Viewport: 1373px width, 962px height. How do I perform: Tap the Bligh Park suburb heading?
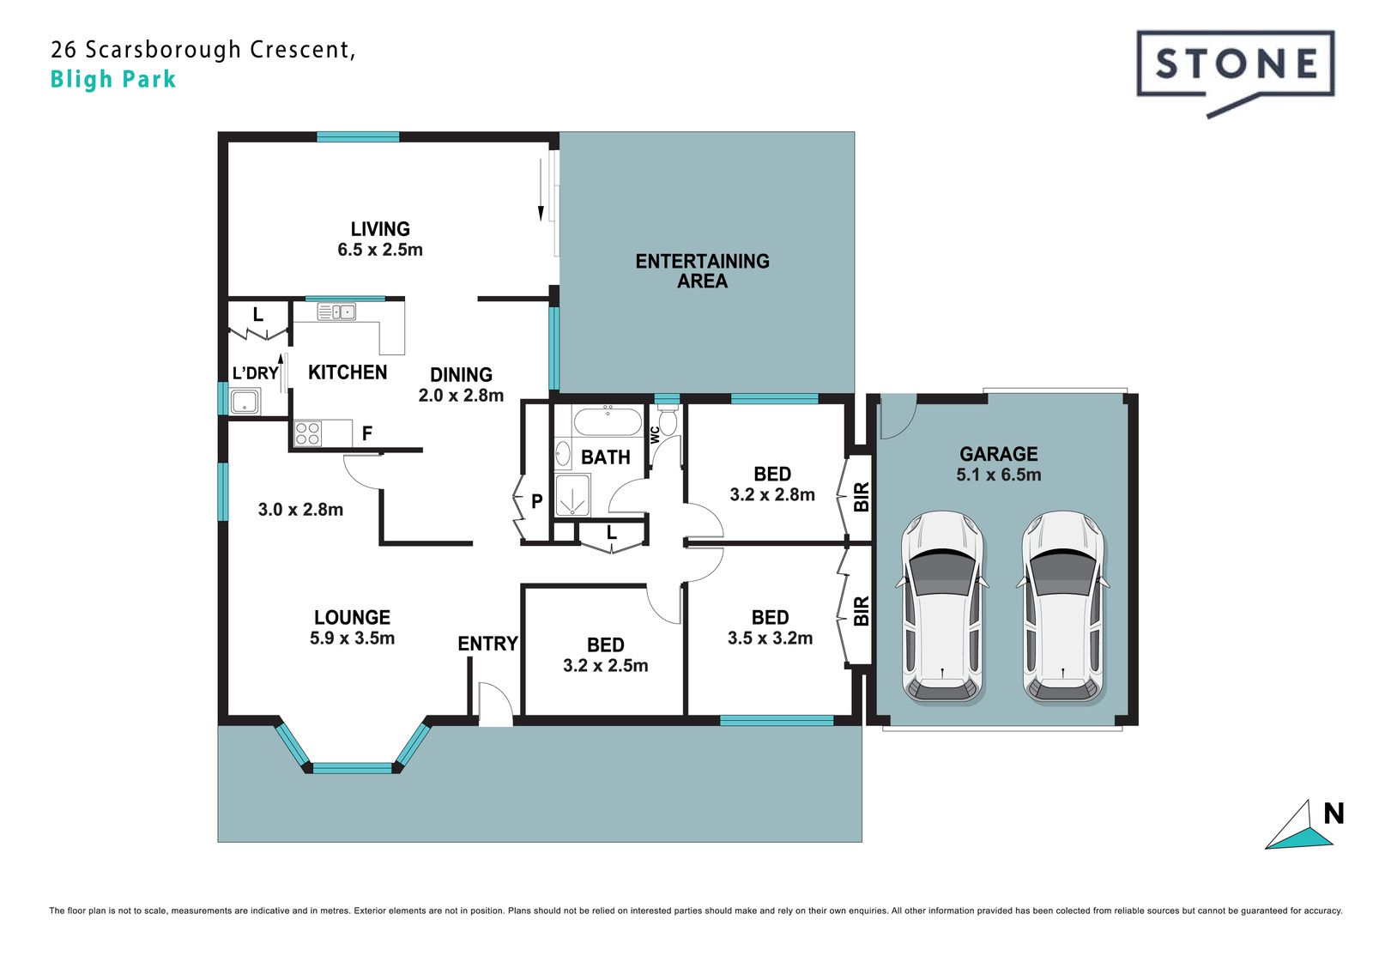[113, 80]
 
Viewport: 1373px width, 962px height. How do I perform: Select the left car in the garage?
[942, 607]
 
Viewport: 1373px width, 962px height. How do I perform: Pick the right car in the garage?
[1063, 607]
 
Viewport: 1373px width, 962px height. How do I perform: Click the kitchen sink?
[336, 312]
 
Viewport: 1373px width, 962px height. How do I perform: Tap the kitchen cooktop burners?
[307, 433]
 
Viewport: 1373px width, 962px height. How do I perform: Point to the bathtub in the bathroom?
[608, 420]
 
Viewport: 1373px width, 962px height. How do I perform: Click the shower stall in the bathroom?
[572, 495]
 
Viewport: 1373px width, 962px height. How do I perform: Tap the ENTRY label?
[488, 643]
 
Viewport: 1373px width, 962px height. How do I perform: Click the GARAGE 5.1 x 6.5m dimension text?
[999, 475]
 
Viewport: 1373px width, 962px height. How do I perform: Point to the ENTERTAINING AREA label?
[703, 271]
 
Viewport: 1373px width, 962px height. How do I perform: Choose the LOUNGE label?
[353, 617]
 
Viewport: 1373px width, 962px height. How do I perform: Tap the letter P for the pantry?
[537, 501]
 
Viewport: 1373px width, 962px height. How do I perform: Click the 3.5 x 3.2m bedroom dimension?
[770, 638]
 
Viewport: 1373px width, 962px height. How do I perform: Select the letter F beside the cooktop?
[367, 433]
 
